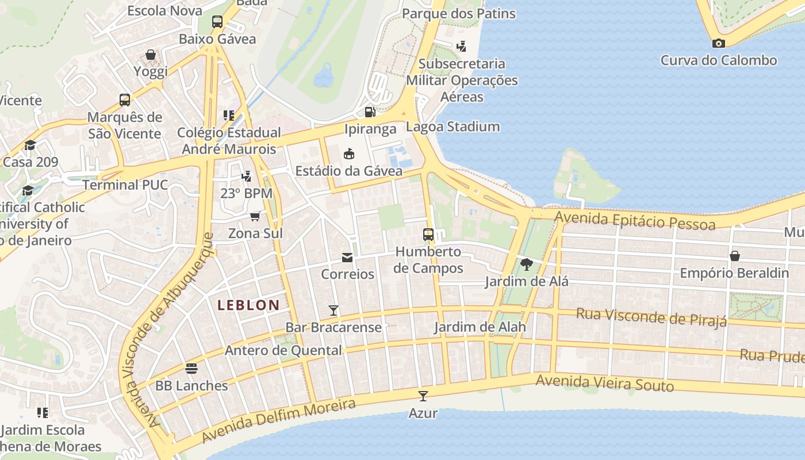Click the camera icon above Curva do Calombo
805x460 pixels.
point(718,43)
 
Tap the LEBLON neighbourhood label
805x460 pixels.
point(248,305)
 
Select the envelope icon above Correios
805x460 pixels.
point(347,257)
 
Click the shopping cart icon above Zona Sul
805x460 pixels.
point(255,216)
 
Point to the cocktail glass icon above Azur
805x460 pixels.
point(423,396)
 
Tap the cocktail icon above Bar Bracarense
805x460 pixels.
point(333,310)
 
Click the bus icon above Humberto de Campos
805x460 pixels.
point(428,235)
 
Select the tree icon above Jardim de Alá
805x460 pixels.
point(526,264)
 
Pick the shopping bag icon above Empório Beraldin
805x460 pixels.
point(734,255)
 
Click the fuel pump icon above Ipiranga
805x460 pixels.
point(370,112)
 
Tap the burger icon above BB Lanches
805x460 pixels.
point(191,369)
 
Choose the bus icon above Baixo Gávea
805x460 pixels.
point(217,22)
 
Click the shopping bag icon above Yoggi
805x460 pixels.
point(151,55)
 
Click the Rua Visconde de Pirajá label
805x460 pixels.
point(651,317)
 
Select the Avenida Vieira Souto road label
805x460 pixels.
point(604,383)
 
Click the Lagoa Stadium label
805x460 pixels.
point(453,127)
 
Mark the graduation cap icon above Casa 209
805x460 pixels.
point(30,145)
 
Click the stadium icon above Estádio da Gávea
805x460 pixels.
point(348,154)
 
